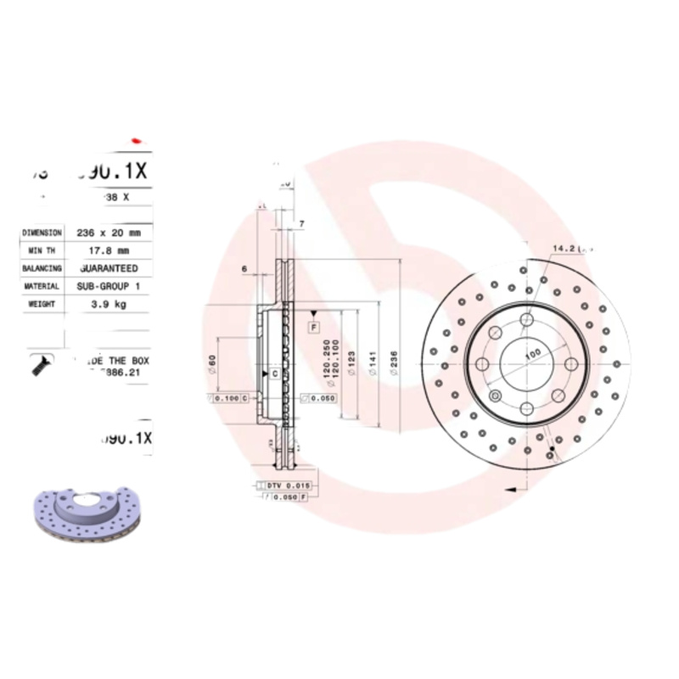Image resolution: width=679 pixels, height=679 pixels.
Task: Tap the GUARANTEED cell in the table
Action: coord(109,268)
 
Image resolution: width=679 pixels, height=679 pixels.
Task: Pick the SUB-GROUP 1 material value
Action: coord(109,287)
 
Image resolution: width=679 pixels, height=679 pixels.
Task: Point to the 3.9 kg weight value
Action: coord(109,304)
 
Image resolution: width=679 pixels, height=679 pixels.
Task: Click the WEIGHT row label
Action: coord(42,304)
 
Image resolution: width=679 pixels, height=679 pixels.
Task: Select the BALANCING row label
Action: coord(42,268)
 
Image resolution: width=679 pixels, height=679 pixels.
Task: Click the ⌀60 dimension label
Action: coord(211,366)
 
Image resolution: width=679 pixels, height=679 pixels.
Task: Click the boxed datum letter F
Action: coord(313,327)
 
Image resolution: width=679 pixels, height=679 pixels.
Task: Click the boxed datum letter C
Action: coord(274,373)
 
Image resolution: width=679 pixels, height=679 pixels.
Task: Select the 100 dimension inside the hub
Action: coord(531,353)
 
